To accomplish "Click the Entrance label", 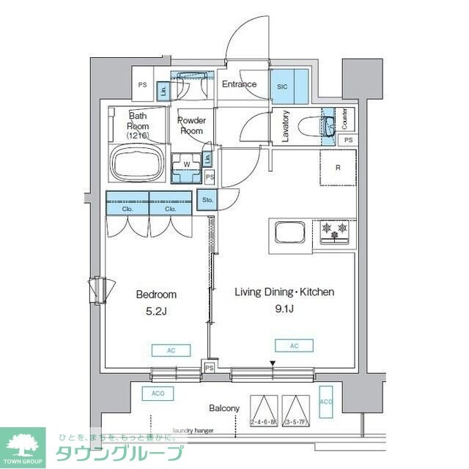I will (239, 84).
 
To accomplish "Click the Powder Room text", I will (192, 125).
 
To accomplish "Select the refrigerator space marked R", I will (338, 168).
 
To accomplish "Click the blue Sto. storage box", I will (207, 199).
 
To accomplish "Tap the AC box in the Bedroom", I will (171, 350).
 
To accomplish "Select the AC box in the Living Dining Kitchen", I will (295, 345).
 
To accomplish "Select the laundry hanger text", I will (193, 431).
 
